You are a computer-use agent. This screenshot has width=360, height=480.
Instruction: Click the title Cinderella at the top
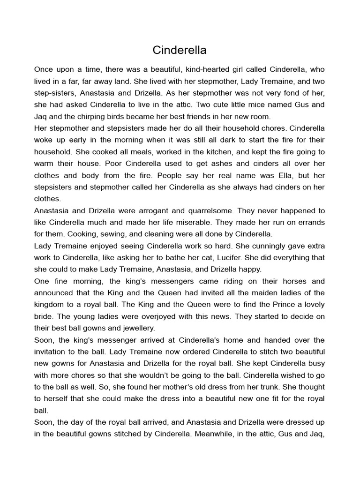coord(180,50)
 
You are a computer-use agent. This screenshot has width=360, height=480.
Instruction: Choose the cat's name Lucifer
coord(221,258)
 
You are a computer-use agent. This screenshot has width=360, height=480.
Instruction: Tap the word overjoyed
coord(149,316)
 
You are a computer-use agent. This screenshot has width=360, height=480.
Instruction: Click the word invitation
coord(52,352)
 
